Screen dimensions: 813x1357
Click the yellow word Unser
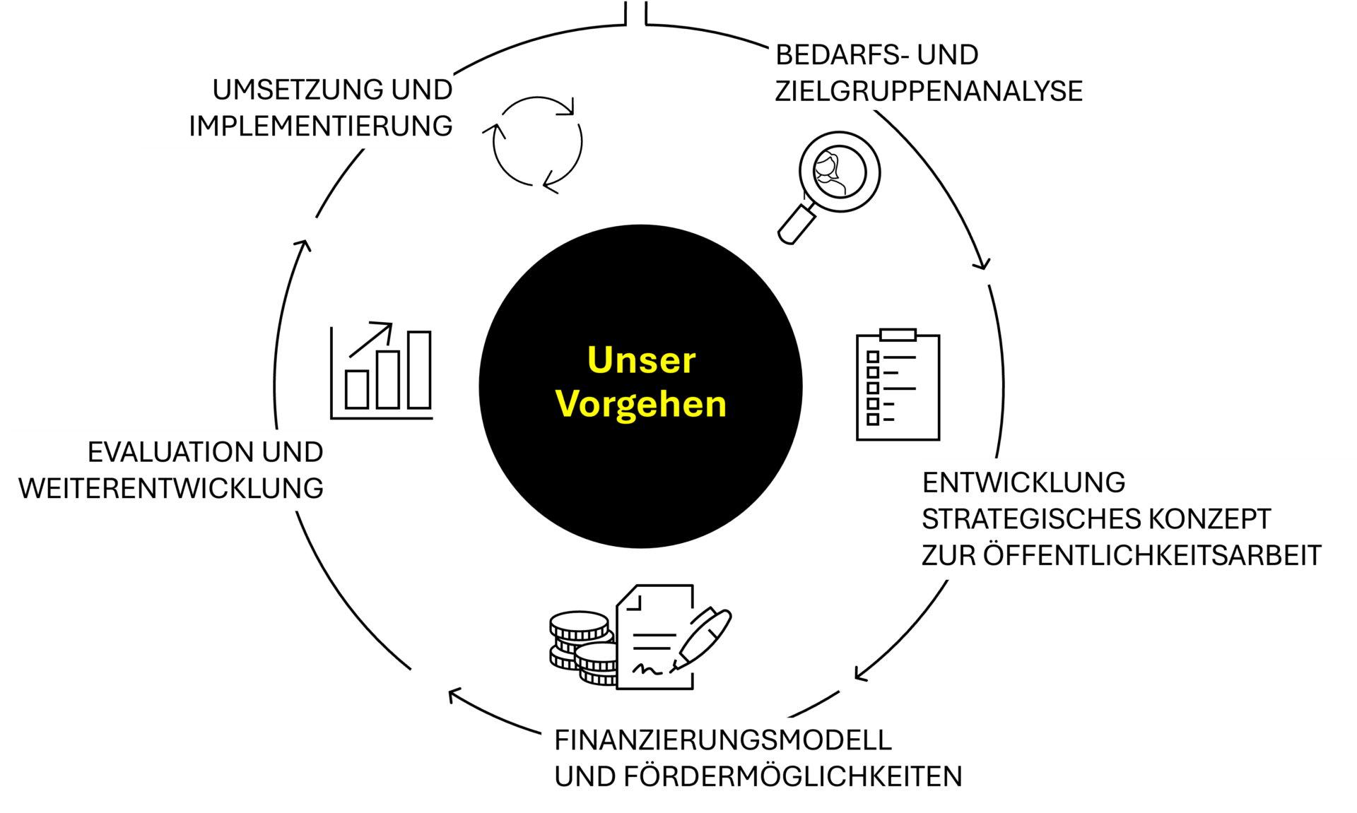click(641, 360)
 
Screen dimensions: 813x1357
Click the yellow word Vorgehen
click(641, 405)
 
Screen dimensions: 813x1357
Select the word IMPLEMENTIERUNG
click(320, 126)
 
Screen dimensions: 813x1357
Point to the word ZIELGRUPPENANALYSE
click(929, 92)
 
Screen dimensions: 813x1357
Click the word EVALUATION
click(170, 452)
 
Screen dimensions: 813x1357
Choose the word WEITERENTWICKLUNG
click(171, 489)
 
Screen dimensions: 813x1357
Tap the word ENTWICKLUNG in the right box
click(1023, 483)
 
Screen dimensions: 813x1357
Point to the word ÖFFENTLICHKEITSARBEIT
click(1152, 556)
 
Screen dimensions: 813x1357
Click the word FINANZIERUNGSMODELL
click(722, 740)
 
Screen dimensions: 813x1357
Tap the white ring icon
click(840, 172)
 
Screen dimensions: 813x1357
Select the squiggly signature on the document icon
click(647, 668)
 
